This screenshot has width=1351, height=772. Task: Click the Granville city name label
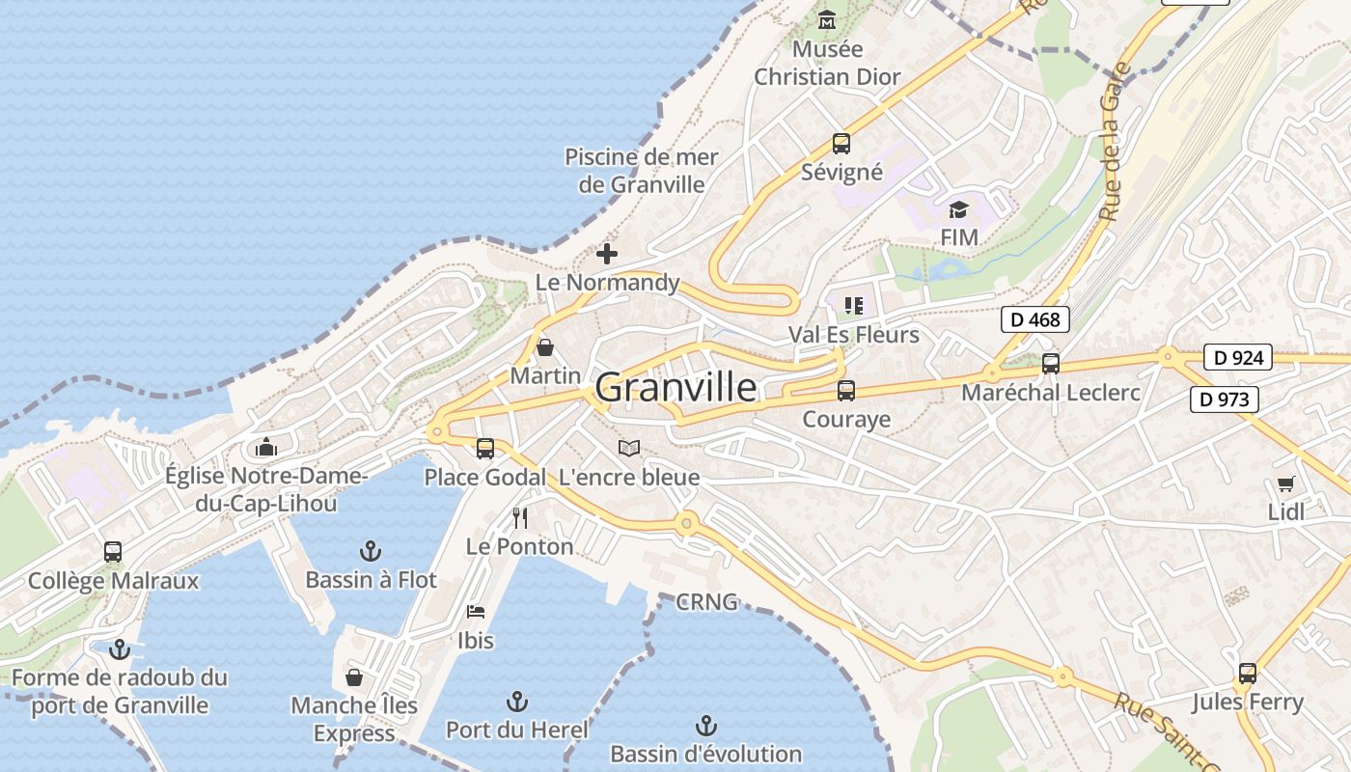pos(675,387)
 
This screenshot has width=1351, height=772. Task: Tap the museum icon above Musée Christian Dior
pos(827,19)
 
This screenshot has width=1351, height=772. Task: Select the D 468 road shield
pos(1035,319)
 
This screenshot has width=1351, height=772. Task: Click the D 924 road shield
pos(1238,358)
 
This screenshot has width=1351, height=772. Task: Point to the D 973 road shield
pos(1225,399)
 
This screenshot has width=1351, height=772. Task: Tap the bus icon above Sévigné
pos(841,144)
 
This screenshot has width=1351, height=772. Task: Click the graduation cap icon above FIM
pos(958,209)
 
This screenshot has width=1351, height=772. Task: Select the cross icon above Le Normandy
pos(607,254)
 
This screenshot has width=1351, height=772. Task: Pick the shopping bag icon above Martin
pos(545,347)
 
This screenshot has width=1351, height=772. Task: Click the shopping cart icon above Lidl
pos(1285,483)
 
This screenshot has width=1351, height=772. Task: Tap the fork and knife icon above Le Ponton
pos(520,518)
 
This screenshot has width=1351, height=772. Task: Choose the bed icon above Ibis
pos(476,611)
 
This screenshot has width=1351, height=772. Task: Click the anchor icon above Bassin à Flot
pos(371,551)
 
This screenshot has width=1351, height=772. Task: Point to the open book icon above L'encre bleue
pos(629,449)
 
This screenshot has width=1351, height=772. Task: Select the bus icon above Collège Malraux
pos(113,552)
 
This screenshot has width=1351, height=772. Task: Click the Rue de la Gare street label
pos(1116,142)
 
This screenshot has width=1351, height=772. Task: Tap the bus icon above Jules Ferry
pos(1247,674)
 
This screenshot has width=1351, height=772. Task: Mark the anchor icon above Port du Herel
pos(517,701)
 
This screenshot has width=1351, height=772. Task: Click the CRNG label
pos(707,602)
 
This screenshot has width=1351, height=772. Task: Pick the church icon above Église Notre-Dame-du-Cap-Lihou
pos(266,447)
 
